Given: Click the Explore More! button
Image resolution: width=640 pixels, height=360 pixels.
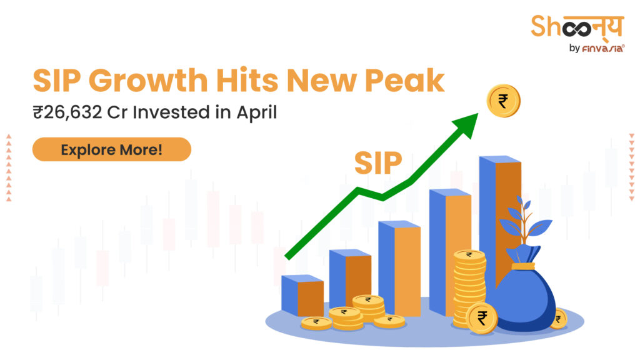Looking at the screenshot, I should coord(111,150).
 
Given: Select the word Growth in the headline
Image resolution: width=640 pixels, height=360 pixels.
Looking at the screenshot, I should coord(141,81).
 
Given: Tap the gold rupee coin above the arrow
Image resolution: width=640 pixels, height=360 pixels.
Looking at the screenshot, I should coord(503,100).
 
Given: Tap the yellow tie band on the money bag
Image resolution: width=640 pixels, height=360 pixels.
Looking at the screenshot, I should coord(523,265).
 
